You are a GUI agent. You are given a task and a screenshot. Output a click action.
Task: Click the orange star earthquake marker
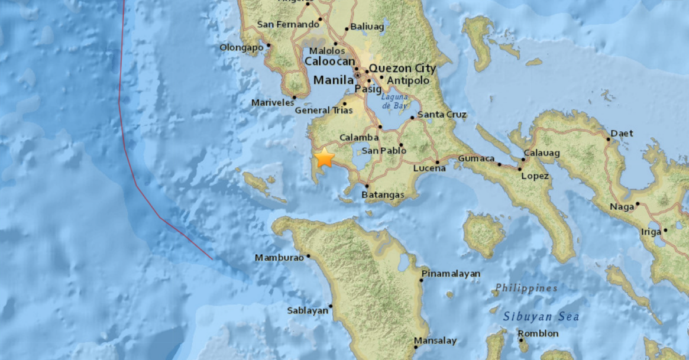tap(325, 158)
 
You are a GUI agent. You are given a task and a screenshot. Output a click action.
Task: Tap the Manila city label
tap(333, 80)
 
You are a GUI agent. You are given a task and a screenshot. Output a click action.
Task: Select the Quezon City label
tap(402, 68)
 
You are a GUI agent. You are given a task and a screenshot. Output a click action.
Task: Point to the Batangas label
tap(383, 195)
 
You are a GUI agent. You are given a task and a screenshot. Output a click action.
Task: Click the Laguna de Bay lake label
tap(394, 101)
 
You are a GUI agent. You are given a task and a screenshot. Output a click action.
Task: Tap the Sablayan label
tap(308, 310)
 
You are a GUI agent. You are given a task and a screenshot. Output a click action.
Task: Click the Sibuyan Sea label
tap(541, 317)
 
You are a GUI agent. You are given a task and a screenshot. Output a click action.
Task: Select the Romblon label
tap(538, 333)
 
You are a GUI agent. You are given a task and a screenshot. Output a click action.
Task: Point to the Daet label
tap(622, 133)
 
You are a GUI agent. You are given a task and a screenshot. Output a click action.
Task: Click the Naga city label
tap(621, 207)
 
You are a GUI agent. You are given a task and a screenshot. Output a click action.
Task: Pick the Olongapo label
tap(241, 48)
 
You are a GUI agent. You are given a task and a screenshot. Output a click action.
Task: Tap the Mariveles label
tap(272, 102)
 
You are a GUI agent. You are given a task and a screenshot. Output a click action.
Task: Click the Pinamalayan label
tap(451, 274)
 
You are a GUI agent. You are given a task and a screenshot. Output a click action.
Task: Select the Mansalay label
tap(435, 341)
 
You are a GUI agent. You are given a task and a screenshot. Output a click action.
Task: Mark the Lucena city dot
tap(438, 162)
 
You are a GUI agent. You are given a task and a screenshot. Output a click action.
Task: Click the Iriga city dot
tap(665, 231)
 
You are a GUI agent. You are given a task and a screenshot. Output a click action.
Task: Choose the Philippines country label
tap(526, 288)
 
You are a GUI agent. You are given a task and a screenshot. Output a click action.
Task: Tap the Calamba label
tap(359, 138)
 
